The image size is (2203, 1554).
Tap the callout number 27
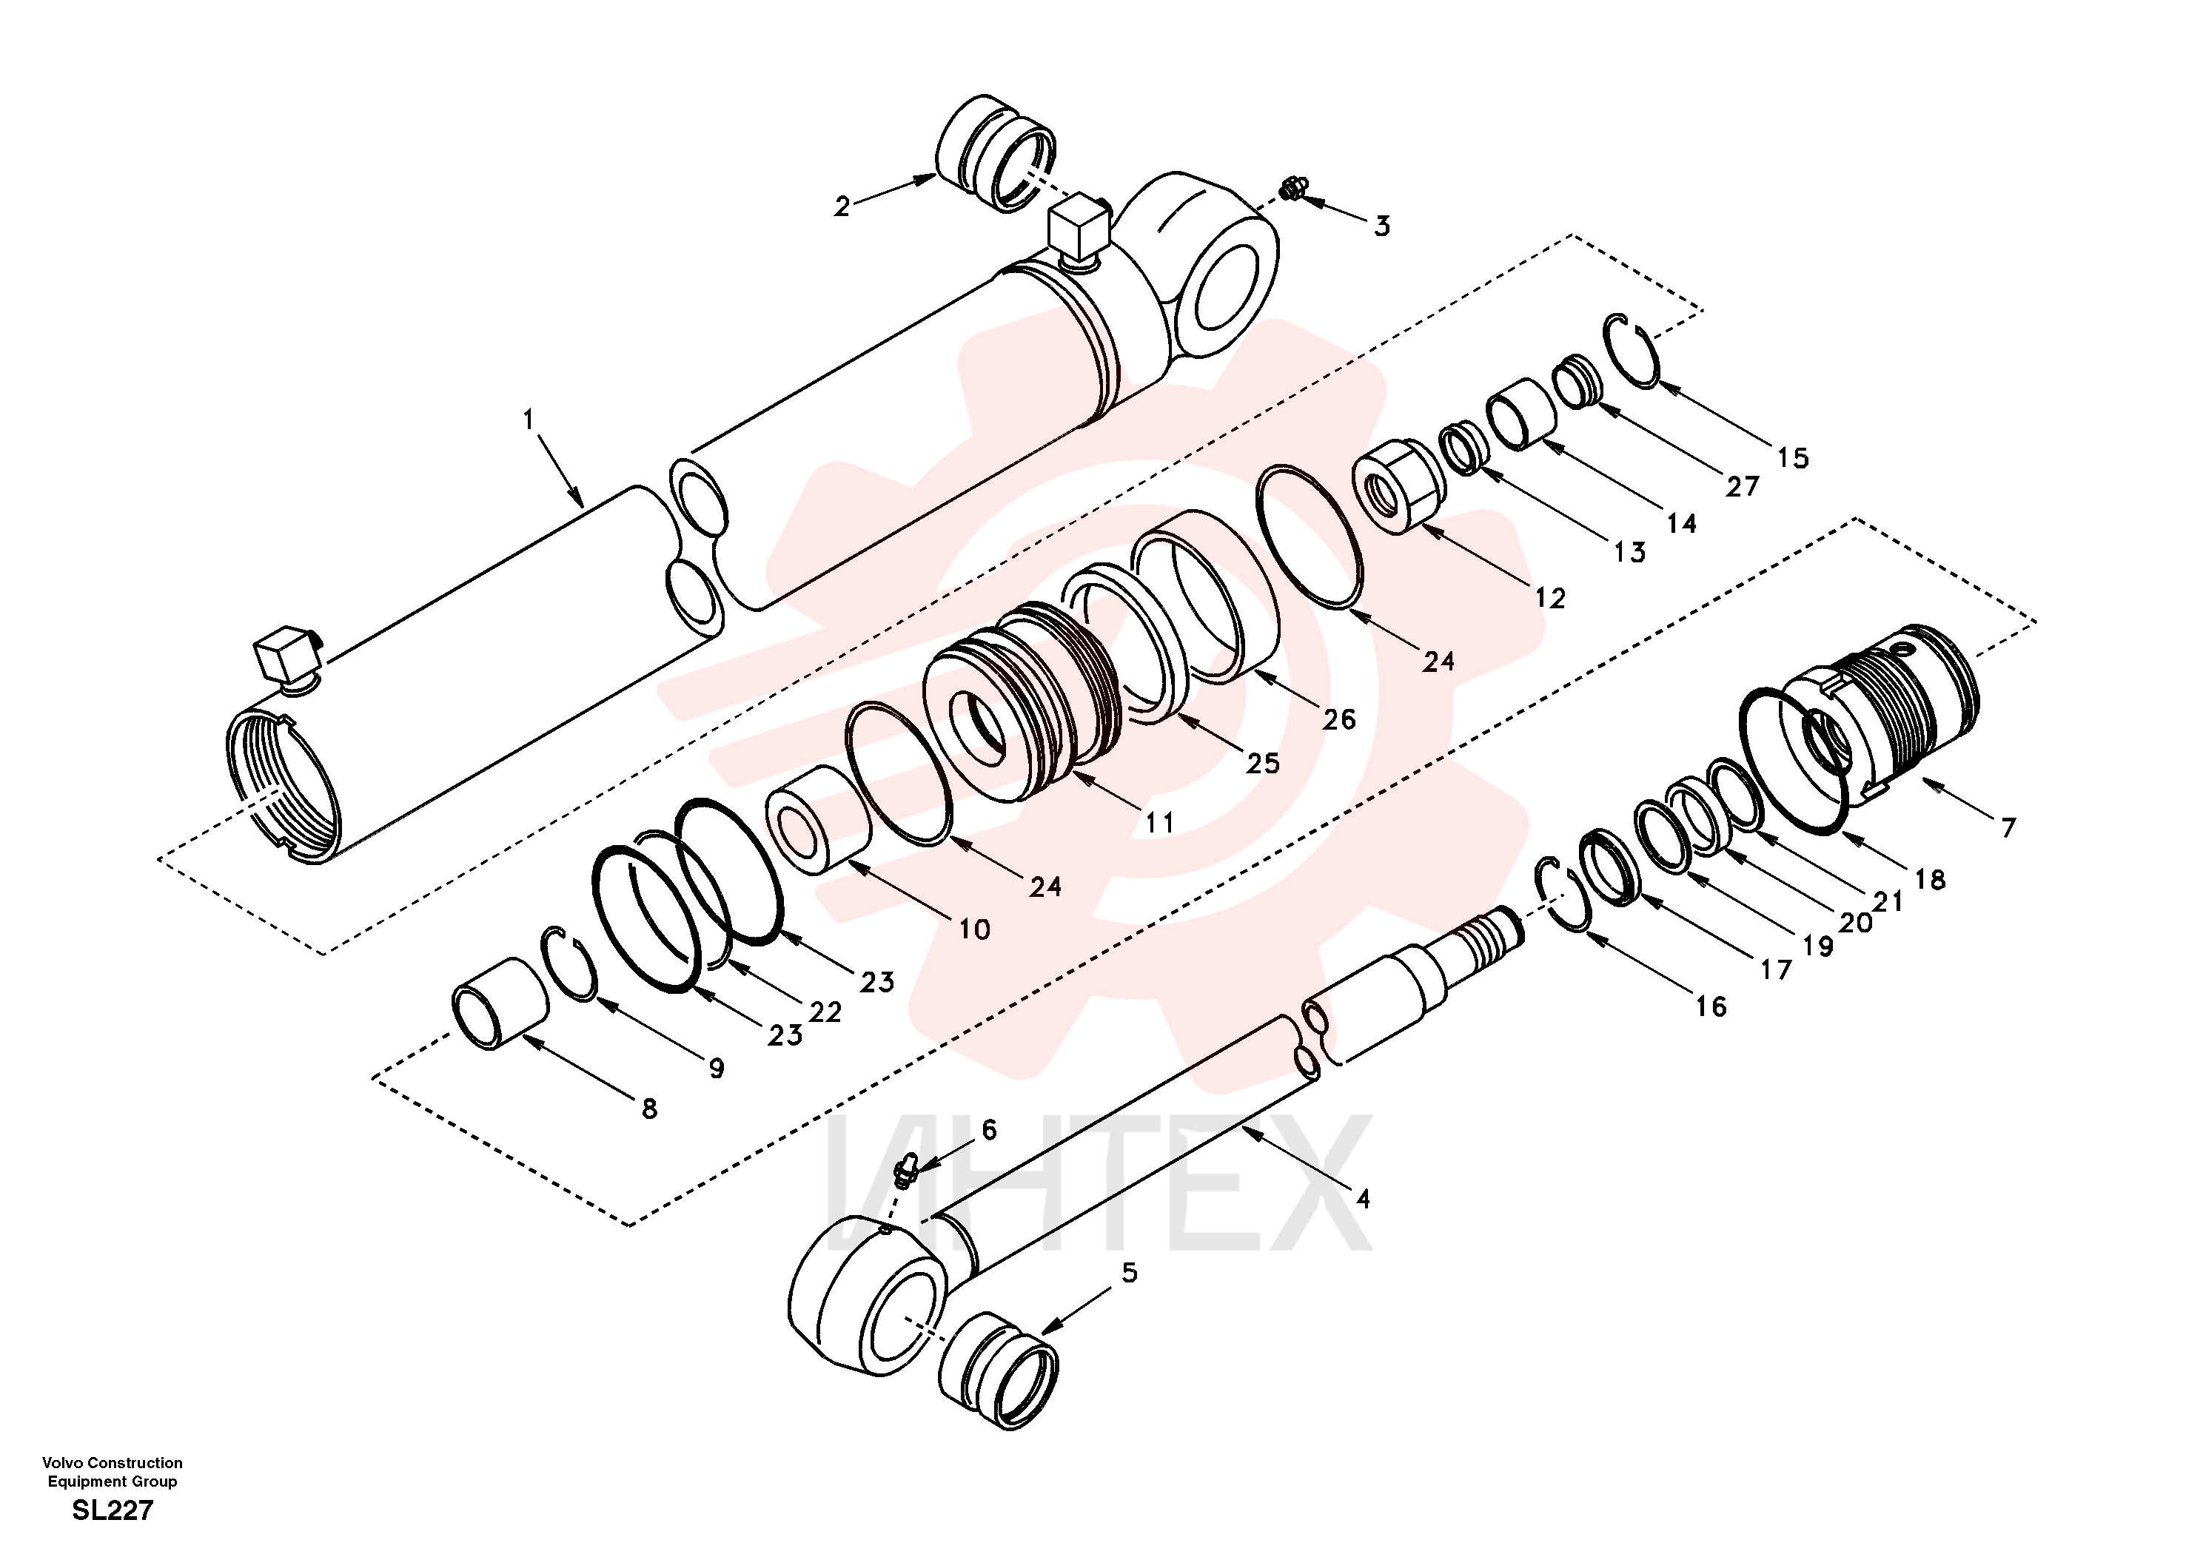(x=1743, y=486)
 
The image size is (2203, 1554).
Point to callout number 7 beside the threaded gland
(x=2008, y=826)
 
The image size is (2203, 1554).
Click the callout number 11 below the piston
(x=1159, y=822)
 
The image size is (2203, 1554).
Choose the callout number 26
(x=1338, y=719)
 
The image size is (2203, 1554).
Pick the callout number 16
(x=1711, y=1006)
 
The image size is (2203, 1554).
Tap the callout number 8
(x=650, y=1109)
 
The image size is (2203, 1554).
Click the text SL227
(x=113, y=1510)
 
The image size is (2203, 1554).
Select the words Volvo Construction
(x=113, y=1463)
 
